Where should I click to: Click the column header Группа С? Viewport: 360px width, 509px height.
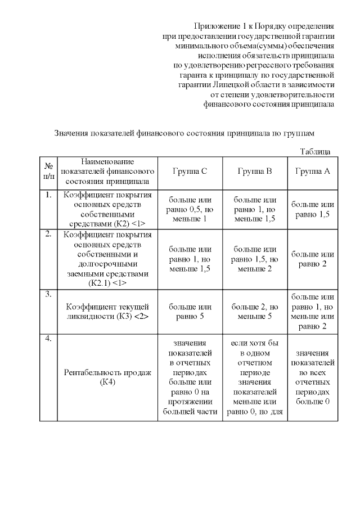(x=190, y=172)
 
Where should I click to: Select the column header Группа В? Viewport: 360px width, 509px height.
(x=255, y=172)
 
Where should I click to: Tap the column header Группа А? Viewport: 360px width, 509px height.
(x=313, y=172)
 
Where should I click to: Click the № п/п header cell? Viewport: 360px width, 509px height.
(x=48, y=172)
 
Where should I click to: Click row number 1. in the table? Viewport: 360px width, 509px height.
(x=48, y=195)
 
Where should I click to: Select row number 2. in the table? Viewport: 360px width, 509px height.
(x=48, y=233)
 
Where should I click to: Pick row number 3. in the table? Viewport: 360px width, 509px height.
(x=48, y=294)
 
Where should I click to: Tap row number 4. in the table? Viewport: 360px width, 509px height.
(x=48, y=338)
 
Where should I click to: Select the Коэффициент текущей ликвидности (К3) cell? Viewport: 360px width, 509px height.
(x=107, y=312)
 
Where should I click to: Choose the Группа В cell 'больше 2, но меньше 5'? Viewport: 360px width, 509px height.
(x=255, y=312)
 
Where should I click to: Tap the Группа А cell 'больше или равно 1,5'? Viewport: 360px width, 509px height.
(x=313, y=209)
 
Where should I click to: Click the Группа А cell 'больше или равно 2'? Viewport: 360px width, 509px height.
(x=313, y=259)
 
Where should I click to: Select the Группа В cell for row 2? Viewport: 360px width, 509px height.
(x=255, y=259)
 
